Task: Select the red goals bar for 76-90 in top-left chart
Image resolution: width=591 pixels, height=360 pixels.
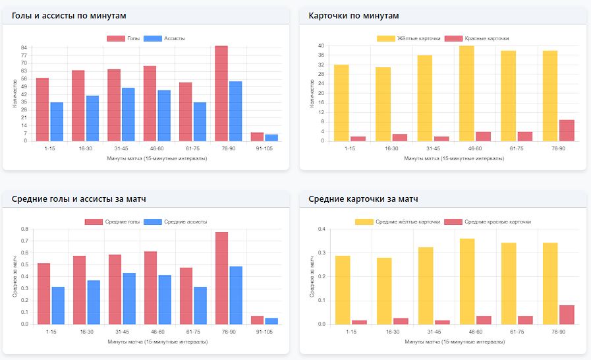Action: pos(221,93)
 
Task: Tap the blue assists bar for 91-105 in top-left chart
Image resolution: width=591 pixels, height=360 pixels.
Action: pos(271,138)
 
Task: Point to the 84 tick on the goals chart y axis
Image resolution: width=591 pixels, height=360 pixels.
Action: pos(24,47)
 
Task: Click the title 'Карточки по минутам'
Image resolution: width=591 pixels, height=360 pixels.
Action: pos(354,15)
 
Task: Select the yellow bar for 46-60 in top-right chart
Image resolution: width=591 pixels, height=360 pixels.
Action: pos(466,93)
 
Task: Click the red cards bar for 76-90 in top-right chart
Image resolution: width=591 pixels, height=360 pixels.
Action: pos(567,131)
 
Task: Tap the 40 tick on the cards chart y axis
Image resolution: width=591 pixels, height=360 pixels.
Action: pos(321,45)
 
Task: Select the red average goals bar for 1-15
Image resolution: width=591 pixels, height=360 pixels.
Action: pos(43,293)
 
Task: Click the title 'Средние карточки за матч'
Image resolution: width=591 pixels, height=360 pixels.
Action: pos(363,199)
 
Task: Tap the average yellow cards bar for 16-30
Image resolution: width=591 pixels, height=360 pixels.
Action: pos(384,291)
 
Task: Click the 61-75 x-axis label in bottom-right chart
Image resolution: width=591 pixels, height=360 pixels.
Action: pos(508,333)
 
